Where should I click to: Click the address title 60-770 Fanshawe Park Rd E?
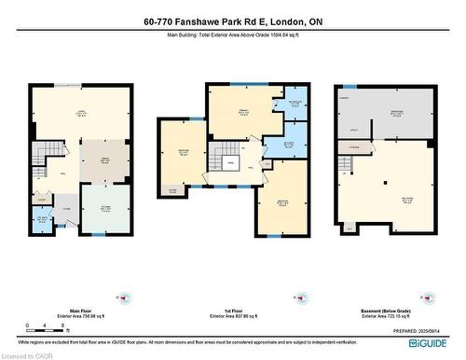(x=232, y=21)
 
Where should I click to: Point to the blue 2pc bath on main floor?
(x=41, y=220)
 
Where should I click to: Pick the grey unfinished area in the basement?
(x=395, y=117)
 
